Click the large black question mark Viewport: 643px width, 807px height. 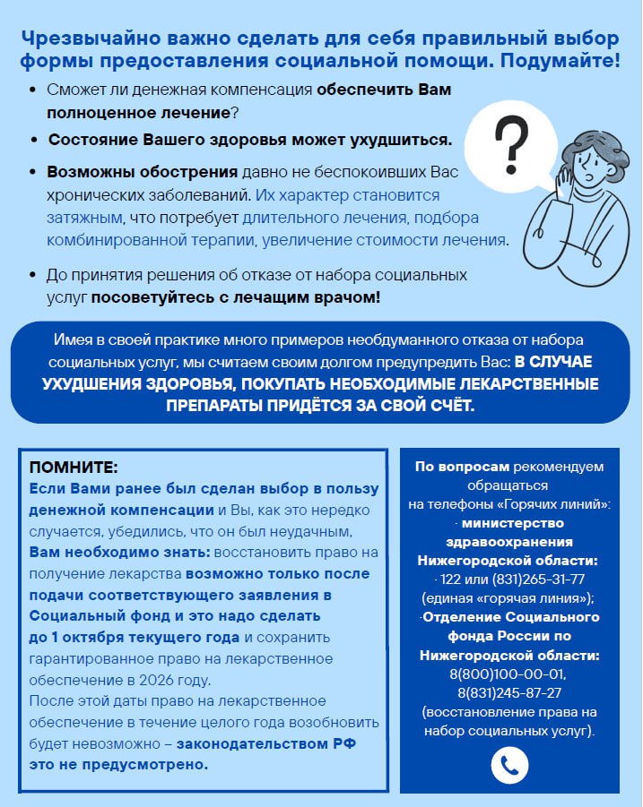click(x=512, y=143)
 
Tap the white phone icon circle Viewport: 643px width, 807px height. click(x=509, y=764)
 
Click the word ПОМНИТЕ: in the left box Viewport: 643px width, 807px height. click(x=74, y=468)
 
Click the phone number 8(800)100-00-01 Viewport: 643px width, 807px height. click(x=508, y=673)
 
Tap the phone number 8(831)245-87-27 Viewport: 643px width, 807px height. click(x=508, y=691)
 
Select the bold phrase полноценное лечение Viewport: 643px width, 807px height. click(x=139, y=114)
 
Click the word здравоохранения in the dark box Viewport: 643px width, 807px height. click(x=508, y=542)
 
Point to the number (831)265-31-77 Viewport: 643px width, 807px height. click(x=530, y=579)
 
